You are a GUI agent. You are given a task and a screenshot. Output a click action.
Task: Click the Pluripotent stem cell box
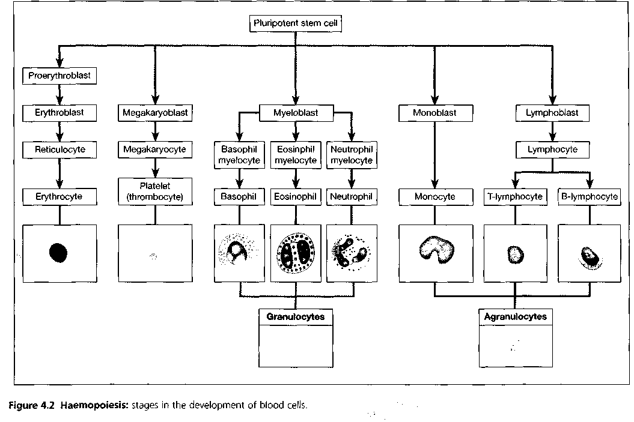click(296, 23)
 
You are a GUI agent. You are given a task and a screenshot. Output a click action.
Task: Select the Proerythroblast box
click(59, 76)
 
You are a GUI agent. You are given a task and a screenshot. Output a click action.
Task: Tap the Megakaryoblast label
click(155, 113)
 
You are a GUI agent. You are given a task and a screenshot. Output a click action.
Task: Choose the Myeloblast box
click(296, 113)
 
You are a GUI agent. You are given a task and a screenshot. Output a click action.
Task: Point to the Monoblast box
click(436, 113)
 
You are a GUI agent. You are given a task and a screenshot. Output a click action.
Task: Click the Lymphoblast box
click(552, 113)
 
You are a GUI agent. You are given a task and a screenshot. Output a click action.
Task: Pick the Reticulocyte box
click(59, 150)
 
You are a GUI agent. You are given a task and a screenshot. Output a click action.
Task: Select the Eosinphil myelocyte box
click(296, 155)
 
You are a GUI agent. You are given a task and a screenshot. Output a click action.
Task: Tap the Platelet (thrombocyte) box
click(155, 191)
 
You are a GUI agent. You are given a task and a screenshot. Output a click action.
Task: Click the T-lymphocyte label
click(515, 197)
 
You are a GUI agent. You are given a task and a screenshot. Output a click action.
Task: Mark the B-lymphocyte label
click(590, 197)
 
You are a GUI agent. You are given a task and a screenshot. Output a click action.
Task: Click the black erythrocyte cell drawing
click(58, 253)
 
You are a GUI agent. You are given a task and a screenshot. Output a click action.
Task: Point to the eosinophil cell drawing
click(296, 253)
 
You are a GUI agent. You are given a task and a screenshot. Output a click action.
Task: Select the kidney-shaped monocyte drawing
click(437, 249)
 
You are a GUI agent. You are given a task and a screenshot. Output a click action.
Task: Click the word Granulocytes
click(296, 317)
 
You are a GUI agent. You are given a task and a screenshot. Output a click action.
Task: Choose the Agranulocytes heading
click(516, 317)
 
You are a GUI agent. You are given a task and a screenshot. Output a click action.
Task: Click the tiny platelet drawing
click(153, 256)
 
